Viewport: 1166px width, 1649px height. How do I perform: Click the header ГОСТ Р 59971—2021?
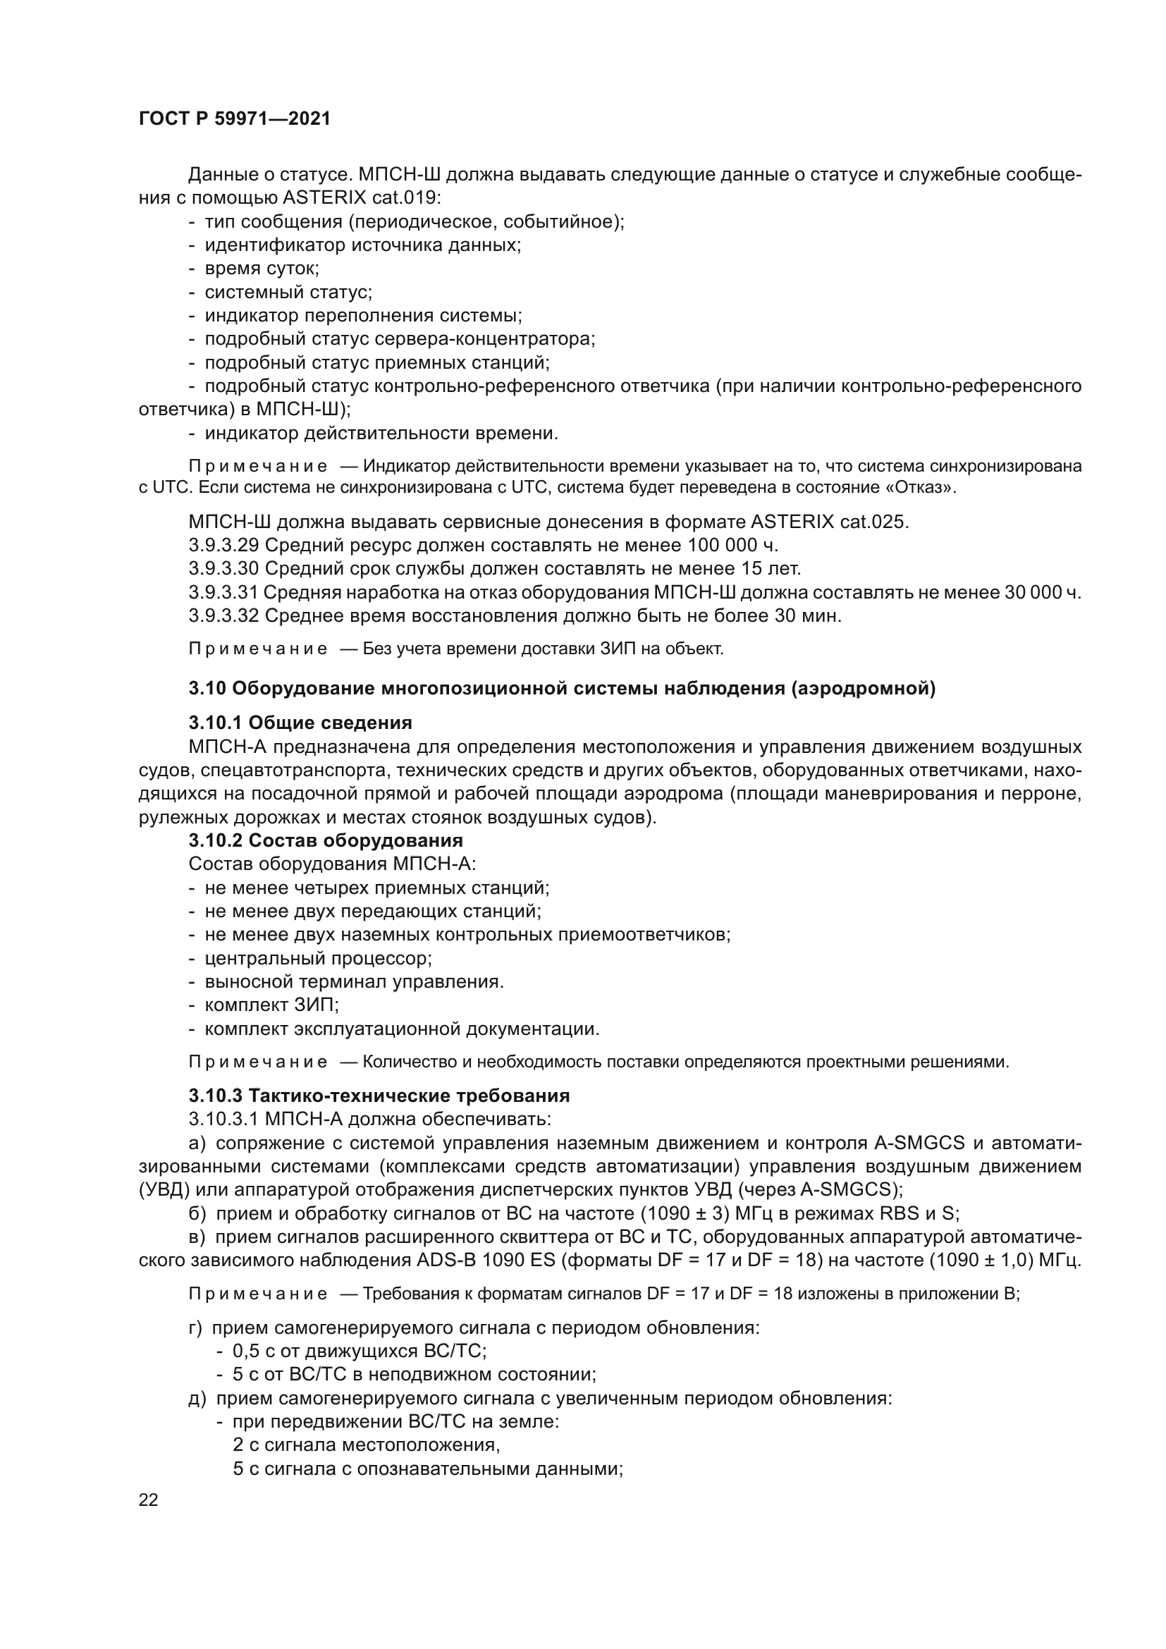point(235,119)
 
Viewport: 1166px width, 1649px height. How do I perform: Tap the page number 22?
point(149,1500)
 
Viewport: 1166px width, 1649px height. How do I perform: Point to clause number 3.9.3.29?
point(223,545)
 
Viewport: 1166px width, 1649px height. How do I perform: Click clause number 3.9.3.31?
point(223,592)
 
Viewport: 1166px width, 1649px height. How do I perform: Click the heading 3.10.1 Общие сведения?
point(300,723)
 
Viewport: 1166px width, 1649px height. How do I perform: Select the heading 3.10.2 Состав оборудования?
point(325,840)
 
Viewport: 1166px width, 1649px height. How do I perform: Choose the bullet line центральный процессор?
point(318,958)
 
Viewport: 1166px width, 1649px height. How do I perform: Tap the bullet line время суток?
point(262,269)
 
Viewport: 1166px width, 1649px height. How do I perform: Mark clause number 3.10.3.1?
point(224,1119)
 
